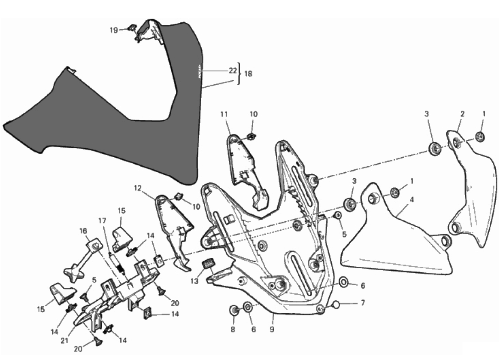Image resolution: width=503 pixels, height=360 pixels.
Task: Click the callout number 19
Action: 113,30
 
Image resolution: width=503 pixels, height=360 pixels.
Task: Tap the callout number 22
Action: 233,70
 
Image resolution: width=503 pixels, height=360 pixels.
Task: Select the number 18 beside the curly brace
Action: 248,74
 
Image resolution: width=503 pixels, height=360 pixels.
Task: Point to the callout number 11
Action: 223,114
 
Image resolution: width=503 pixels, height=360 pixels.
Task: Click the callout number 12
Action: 137,188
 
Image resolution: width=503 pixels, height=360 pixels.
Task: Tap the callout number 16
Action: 83,231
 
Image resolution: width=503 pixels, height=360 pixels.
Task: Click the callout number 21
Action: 65,341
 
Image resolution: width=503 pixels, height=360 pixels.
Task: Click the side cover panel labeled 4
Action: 395,245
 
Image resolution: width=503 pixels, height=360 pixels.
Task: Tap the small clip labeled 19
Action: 133,28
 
